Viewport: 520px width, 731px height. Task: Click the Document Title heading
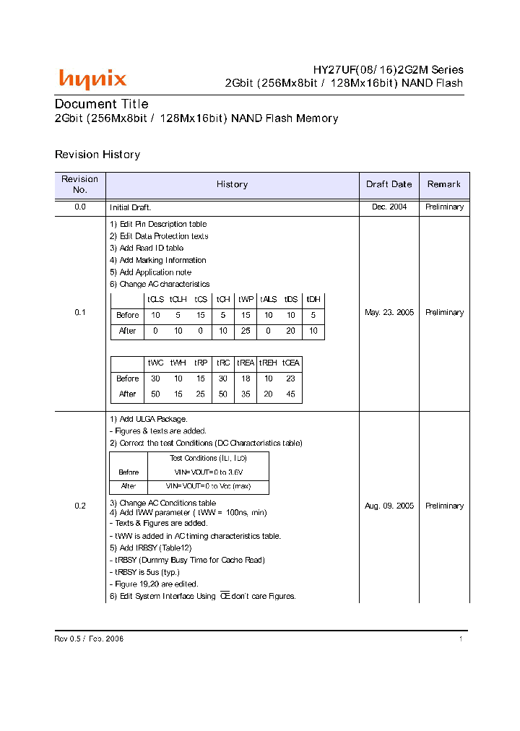(102, 104)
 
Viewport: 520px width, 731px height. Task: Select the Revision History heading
(97, 155)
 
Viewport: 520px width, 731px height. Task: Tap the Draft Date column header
(389, 184)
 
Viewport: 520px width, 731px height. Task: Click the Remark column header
(443, 184)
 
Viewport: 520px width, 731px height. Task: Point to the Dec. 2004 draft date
(389, 207)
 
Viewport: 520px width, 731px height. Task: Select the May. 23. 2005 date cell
(389, 313)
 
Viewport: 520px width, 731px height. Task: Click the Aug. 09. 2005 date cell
(389, 506)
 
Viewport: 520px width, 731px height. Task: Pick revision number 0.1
(80, 313)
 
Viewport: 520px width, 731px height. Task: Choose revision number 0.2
(80, 506)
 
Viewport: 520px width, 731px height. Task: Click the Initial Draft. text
(130, 207)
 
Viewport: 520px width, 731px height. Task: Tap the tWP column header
(246, 299)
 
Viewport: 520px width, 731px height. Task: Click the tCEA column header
(291, 363)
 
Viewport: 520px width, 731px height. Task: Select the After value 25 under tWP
(246, 331)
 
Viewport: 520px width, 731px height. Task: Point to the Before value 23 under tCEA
(291, 379)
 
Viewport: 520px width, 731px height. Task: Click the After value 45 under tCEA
(291, 394)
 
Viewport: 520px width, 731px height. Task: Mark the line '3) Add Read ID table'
(147, 248)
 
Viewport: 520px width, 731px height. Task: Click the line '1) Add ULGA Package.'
(148, 419)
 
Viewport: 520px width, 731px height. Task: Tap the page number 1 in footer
(460, 639)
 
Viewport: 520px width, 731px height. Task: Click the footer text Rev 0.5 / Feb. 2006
(89, 639)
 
